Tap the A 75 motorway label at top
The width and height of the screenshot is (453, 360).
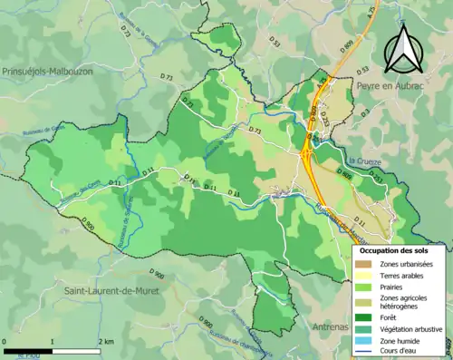pyautogui.click(x=370, y=37)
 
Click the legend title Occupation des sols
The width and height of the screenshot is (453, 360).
pyautogui.click(x=400, y=249)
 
